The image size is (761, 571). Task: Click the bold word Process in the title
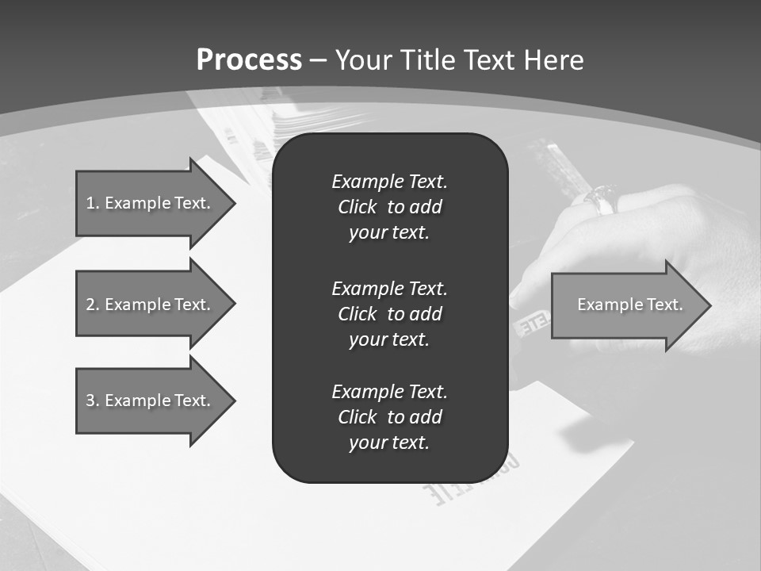pyautogui.click(x=249, y=60)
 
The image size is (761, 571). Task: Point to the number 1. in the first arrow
pyautogui.click(x=93, y=203)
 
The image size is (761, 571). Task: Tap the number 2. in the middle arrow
pyautogui.click(x=93, y=305)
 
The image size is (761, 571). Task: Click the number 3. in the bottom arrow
pyautogui.click(x=93, y=400)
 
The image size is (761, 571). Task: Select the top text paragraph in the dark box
pyautogui.click(x=389, y=207)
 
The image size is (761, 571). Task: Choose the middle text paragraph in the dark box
pyautogui.click(x=389, y=314)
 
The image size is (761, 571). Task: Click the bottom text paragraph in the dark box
pyautogui.click(x=389, y=417)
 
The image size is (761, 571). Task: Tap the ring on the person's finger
pyautogui.click(x=602, y=199)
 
